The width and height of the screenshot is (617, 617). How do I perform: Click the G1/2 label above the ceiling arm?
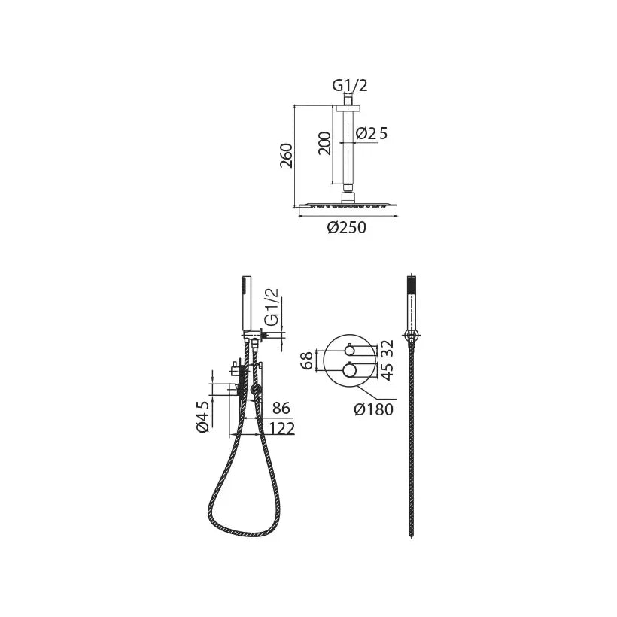point(350,85)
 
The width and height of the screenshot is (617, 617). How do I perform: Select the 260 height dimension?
point(287,156)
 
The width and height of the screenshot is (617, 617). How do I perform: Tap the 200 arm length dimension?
point(324,143)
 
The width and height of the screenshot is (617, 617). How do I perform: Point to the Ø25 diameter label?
point(372,134)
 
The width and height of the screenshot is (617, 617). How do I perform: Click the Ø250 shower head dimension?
point(347,227)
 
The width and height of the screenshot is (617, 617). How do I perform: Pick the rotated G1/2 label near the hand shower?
point(272,306)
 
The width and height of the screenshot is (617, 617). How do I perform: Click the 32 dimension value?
point(388,348)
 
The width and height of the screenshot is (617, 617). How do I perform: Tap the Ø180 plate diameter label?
point(373,409)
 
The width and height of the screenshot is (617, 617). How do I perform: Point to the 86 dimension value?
point(281,408)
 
